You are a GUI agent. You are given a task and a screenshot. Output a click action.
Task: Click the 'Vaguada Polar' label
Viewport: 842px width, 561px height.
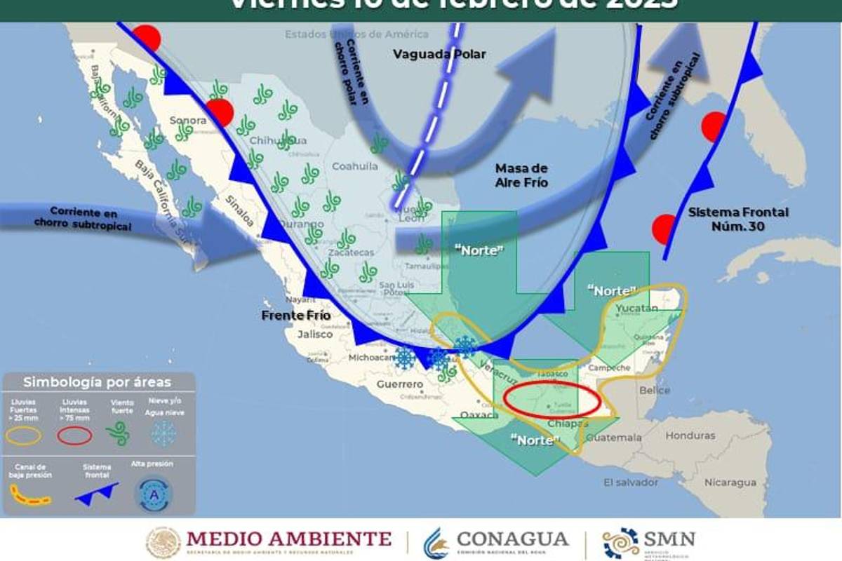pos(439,54)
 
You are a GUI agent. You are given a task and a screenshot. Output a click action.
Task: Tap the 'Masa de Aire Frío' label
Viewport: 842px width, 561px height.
pos(521,175)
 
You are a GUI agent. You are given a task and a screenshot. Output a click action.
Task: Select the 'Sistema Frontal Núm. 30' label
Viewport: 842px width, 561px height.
pos(738,219)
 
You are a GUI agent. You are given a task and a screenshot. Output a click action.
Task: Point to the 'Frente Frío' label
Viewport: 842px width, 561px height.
pos(295,316)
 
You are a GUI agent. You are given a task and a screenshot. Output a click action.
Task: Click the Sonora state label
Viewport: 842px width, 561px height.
pos(188,121)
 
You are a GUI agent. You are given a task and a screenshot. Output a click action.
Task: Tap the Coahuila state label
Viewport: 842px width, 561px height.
pos(354,166)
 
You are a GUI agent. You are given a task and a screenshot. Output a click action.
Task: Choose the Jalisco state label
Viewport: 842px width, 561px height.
pos(314,334)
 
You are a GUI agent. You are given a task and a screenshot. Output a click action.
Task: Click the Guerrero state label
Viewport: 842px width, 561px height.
pos(400,384)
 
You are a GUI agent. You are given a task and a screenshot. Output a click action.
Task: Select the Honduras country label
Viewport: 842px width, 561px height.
pos(690,435)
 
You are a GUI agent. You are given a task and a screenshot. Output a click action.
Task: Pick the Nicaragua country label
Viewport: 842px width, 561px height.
pos(730,482)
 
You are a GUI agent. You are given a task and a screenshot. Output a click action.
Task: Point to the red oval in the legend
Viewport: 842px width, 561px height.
pos(74,436)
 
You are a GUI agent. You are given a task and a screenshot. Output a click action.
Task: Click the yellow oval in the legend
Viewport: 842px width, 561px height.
pos(24,436)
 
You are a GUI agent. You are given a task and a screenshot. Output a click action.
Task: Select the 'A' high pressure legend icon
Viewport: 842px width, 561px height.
pos(152,494)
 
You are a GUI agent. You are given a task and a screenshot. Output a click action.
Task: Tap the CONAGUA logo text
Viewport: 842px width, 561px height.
pos(512,539)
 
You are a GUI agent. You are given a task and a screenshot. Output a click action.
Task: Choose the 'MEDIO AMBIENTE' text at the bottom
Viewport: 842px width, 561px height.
pos(288,539)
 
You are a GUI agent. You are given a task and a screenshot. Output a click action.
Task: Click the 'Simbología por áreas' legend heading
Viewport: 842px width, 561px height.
pos(97,382)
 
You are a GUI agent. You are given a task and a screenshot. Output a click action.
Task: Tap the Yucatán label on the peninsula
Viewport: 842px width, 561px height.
pos(636,308)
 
